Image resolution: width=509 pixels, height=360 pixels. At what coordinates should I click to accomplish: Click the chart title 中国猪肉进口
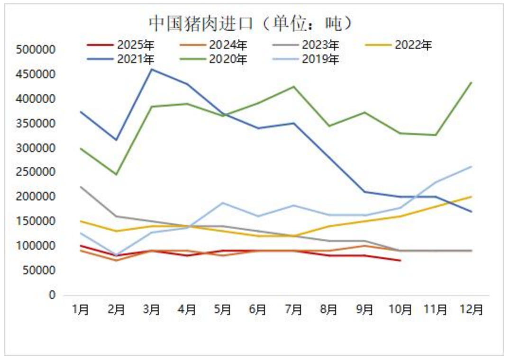click(251, 22)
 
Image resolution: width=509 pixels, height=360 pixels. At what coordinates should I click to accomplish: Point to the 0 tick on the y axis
click(53, 295)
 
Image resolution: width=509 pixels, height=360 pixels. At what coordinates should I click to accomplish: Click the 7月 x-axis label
click(294, 309)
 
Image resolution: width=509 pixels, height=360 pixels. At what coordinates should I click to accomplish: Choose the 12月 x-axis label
click(472, 309)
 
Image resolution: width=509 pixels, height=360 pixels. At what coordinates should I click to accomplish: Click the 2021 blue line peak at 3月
click(152, 69)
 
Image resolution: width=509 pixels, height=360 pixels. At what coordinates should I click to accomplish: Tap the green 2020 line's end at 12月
click(472, 82)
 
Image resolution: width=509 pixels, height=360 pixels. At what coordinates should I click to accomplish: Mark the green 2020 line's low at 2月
click(116, 174)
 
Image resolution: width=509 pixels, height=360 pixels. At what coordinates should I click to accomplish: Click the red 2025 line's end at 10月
click(400, 261)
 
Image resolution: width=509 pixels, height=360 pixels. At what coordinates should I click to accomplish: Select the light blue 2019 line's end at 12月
click(472, 166)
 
